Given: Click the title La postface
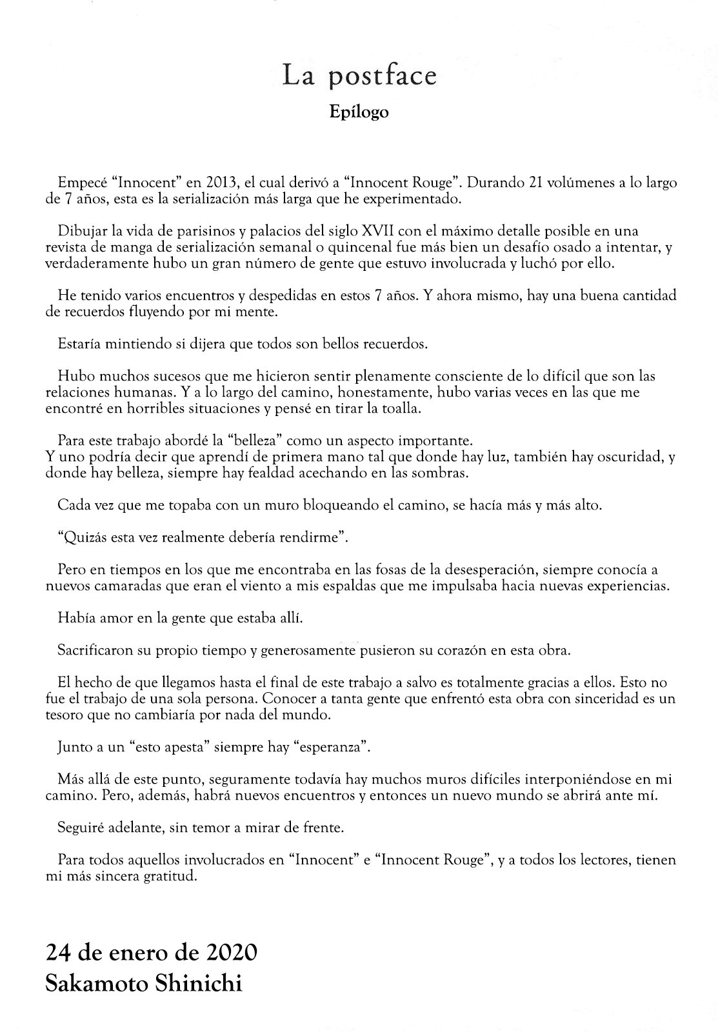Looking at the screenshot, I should coord(359,76).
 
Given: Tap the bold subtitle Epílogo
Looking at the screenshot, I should coord(359,112).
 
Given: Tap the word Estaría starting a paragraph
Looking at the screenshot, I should coord(78,344).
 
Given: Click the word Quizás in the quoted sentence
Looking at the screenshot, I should coord(85,537).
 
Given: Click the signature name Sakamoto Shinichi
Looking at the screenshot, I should coord(144,984).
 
